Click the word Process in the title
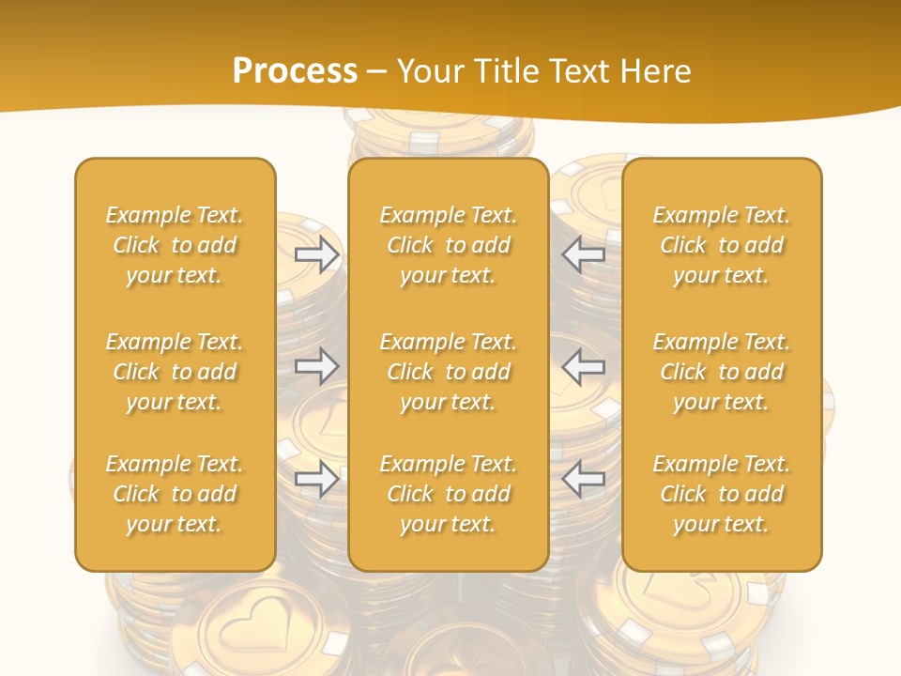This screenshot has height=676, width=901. (x=295, y=71)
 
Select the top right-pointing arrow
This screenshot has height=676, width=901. (x=317, y=254)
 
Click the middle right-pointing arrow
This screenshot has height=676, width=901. (x=317, y=366)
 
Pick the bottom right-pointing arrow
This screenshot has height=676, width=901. (x=317, y=479)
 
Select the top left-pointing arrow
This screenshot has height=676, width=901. (x=583, y=254)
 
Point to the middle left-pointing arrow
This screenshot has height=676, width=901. (x=583, y=366)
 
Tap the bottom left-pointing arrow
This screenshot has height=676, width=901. (x=583, y=479)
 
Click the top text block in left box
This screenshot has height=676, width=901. (x=175, y=245)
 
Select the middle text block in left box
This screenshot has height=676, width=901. (x=175, y=372)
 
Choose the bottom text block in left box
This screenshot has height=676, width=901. (x=175, y=494)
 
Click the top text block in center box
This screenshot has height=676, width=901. (x=448, y=245)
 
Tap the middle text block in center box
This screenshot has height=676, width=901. (x=448, y=372)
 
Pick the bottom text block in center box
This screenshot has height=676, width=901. (x=448, y=494)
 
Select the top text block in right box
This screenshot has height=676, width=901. (x=721, y=245)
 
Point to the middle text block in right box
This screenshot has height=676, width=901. (x=721, y=372)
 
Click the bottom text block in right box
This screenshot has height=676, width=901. (x=721, y=494)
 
